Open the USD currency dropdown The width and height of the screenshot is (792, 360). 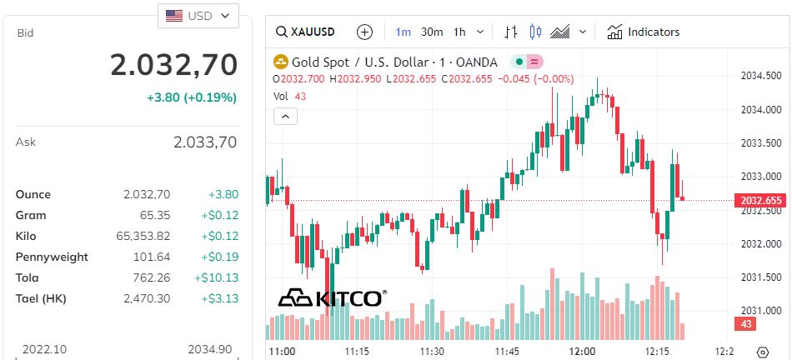198,16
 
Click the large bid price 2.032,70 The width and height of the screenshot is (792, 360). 174,64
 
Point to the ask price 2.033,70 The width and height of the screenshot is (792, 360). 205,142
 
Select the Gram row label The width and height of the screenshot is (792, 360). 31,215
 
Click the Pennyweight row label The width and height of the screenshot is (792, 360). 52,257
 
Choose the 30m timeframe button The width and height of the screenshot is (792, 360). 432,32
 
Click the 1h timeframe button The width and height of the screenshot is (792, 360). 459,32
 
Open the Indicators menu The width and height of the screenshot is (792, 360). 644,32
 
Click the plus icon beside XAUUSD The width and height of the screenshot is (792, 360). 364,32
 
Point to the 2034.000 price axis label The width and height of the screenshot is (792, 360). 760,109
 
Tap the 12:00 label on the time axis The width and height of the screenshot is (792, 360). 581,352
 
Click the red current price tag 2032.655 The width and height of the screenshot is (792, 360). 760,201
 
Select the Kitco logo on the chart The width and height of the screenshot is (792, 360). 332,298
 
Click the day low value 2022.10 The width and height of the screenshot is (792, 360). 44,349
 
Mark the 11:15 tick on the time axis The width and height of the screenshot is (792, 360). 358,352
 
